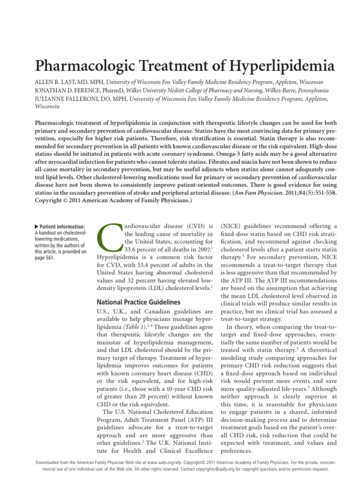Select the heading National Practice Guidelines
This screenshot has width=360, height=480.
138,302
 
